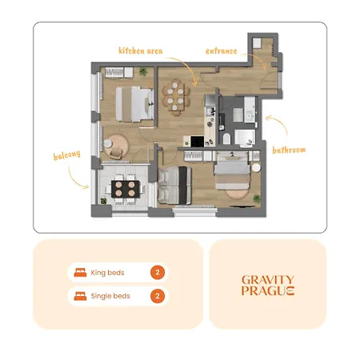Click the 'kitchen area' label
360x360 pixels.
(x=141, y=50)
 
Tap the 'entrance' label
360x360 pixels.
(x=221, y=51)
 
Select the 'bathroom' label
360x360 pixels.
(x=289, y=150)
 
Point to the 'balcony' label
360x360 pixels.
(x=66, y=155)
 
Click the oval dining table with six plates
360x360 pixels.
(x=176, y=97)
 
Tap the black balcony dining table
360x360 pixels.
(x=126, y=189)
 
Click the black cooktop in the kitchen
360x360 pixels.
(x=198, y=141)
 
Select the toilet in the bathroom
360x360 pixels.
(x=226, y=138)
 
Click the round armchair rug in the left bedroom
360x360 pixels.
(x=117, y=146)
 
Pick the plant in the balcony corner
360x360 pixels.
(x=103, y=201)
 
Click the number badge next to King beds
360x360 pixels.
(x=158, y=272)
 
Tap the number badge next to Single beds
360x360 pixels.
(x=158, y=296)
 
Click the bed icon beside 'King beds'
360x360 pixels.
(x=80, y=273)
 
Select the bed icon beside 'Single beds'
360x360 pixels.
(x=80, y=296)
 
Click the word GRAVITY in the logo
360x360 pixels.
(x=268, y=280)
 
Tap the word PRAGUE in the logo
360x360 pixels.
(x=268, y=290)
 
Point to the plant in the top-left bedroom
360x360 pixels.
(x=143, y=72)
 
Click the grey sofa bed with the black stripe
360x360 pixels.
(x=174, y=186)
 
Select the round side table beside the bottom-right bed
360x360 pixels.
(x=256, y=167)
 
